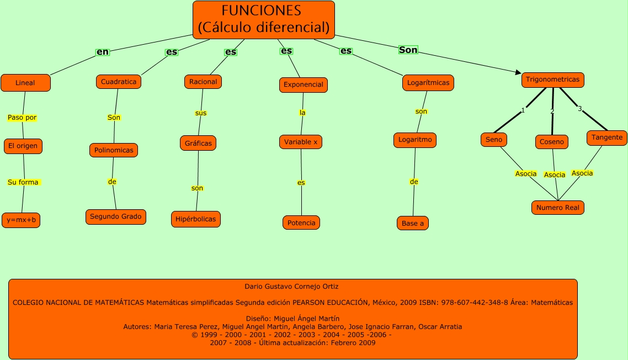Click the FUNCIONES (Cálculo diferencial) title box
point(264,19)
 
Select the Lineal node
point(25,83)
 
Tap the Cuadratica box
point(119,82)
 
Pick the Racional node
point(203,82)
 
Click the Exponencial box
point(303,84)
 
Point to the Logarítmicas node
point(428,83)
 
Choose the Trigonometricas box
point(552,80)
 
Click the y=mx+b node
point(22,220)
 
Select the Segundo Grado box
point(116,216)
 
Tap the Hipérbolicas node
point(196,219)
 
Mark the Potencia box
point(301,223)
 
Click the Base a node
point(413,223)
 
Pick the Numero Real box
point(557,208)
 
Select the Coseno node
point(552,142)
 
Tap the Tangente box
point(606,137)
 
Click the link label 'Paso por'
point(22,118)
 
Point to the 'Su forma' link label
point(24,182)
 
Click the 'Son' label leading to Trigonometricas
point(408,50)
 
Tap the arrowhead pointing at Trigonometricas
point(518,72)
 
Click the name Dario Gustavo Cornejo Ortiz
point(291,287)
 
